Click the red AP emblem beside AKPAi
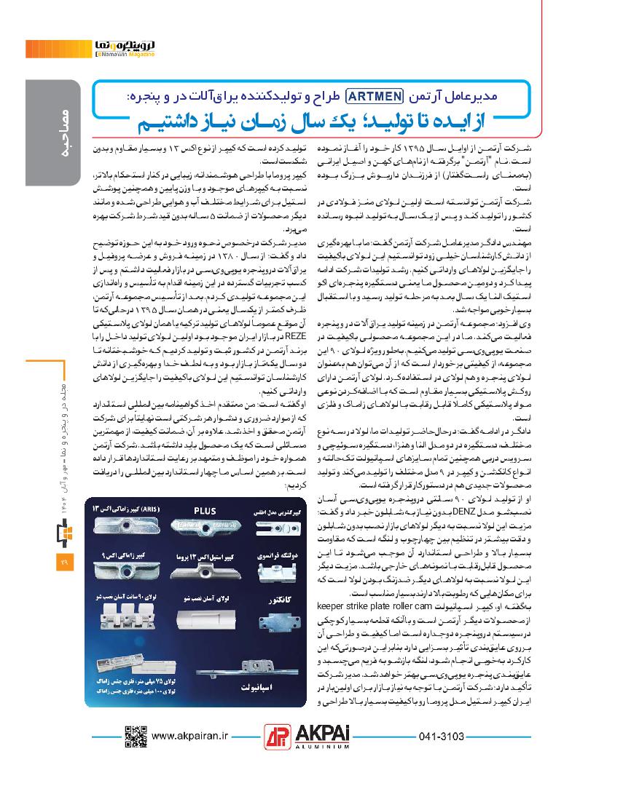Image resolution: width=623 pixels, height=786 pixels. pyautogui.click(x=277, y=735)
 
